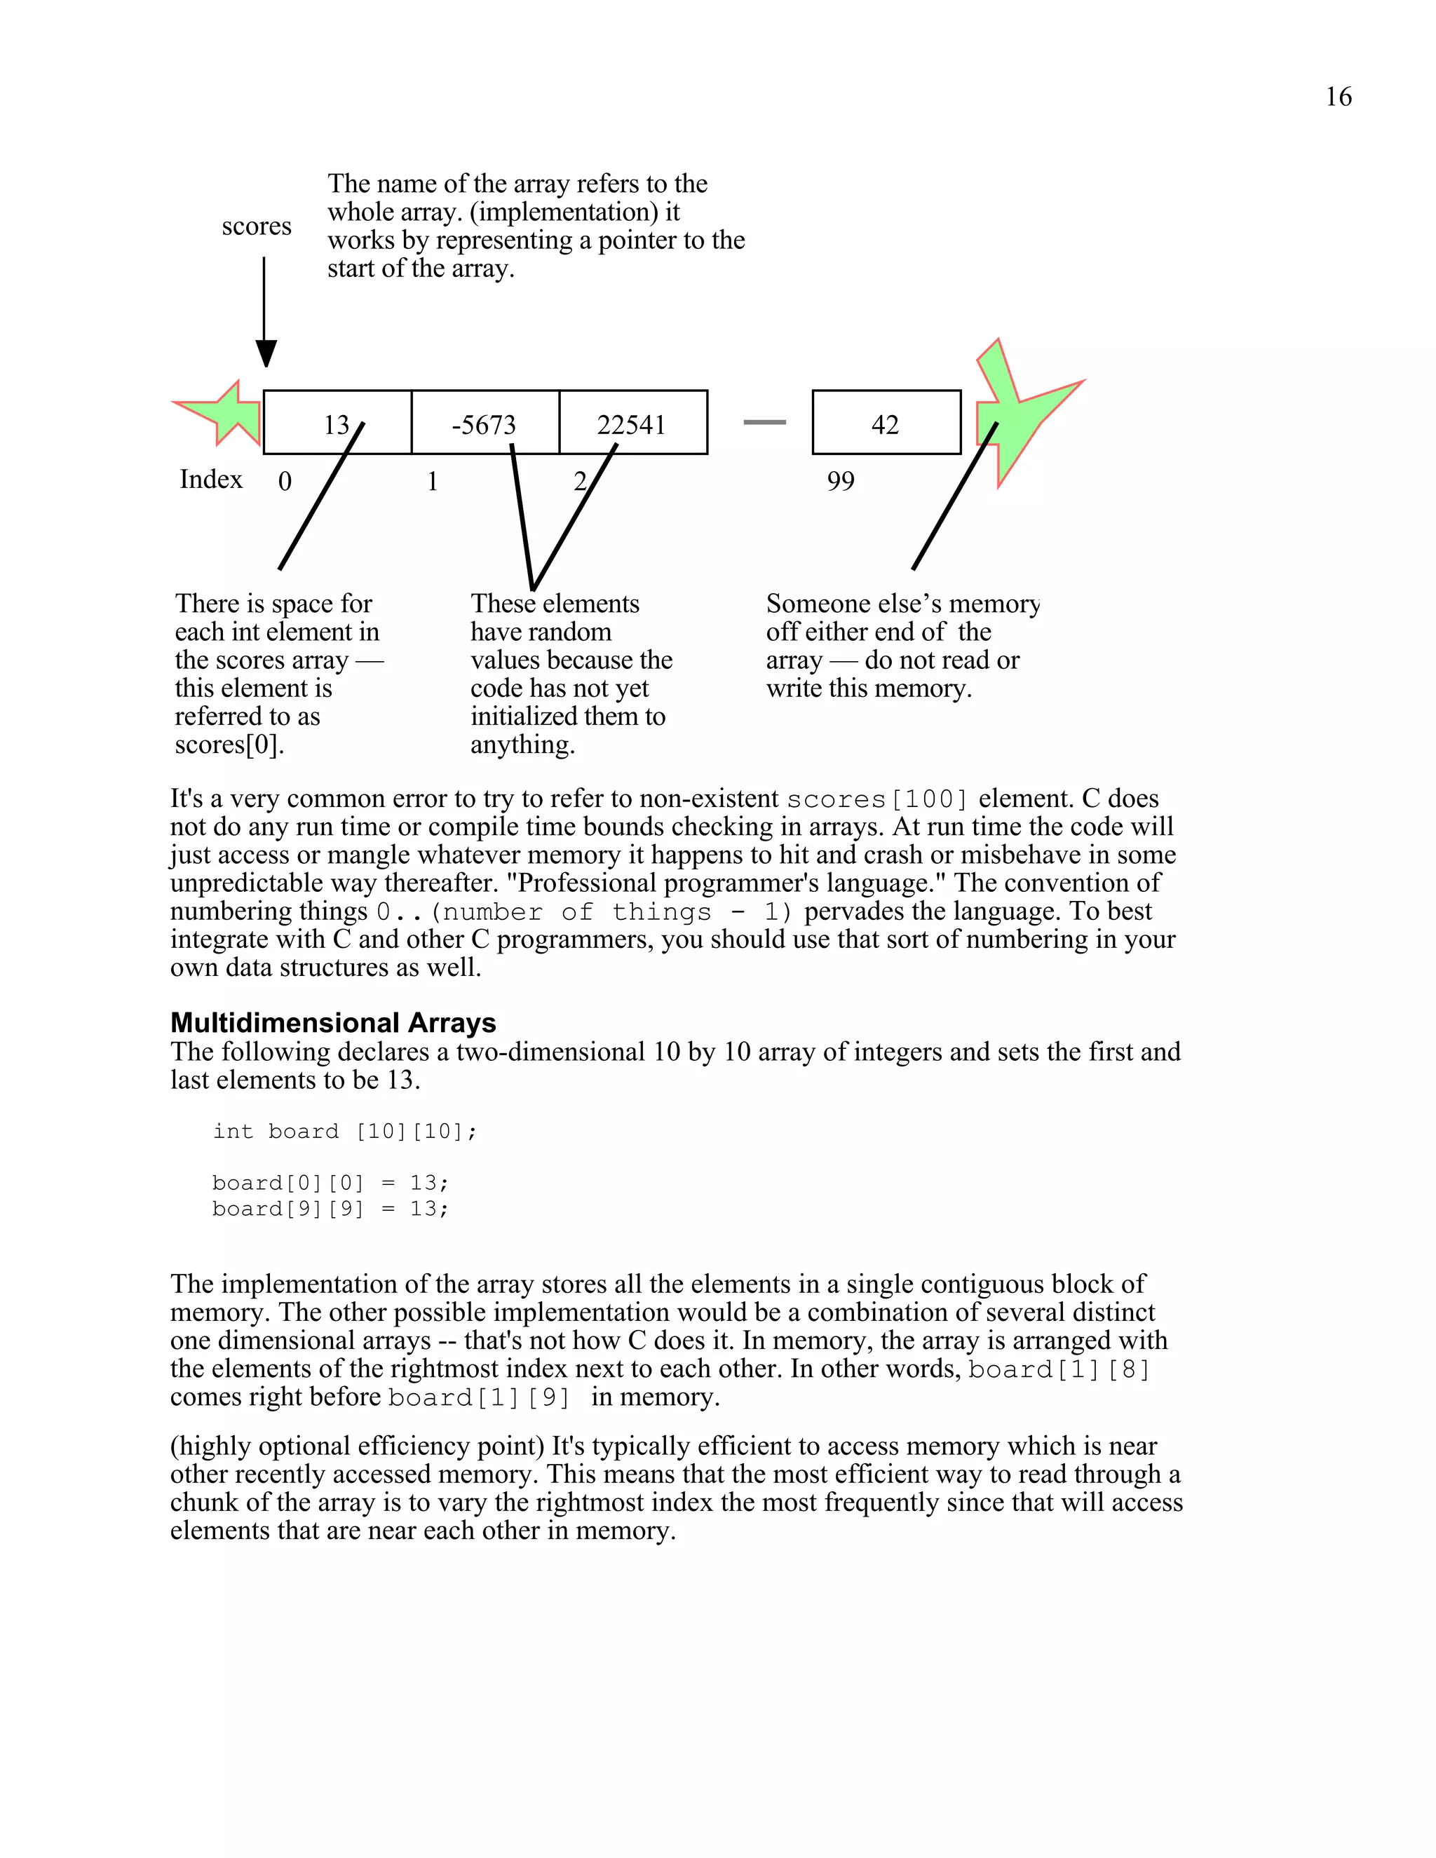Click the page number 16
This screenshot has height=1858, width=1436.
(x=1337, y=97)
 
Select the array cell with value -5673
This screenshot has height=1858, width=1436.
(x=484, y=423)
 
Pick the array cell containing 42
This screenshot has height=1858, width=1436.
(x=886, y=423)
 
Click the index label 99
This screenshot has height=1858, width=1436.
(x=841, y=482)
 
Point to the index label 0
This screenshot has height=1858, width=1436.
(x=285, y=482)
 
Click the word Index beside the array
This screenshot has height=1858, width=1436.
(x=211, y=480)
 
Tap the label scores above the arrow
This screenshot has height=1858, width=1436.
(x=256, y=226)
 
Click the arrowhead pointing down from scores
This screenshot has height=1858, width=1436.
(x=266, y=352)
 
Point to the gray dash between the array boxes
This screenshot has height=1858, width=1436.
(x=764, y=422)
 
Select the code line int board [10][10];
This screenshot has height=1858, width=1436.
(x=344, y=1132)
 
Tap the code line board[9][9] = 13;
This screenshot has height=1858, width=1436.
(x=330, y=1209)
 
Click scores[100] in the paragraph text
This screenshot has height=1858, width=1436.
(x=877, y=800)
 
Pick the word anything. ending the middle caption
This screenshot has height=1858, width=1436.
(x=522, y=745)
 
